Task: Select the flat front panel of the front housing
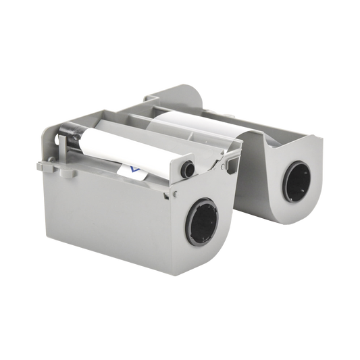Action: point(101,216)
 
